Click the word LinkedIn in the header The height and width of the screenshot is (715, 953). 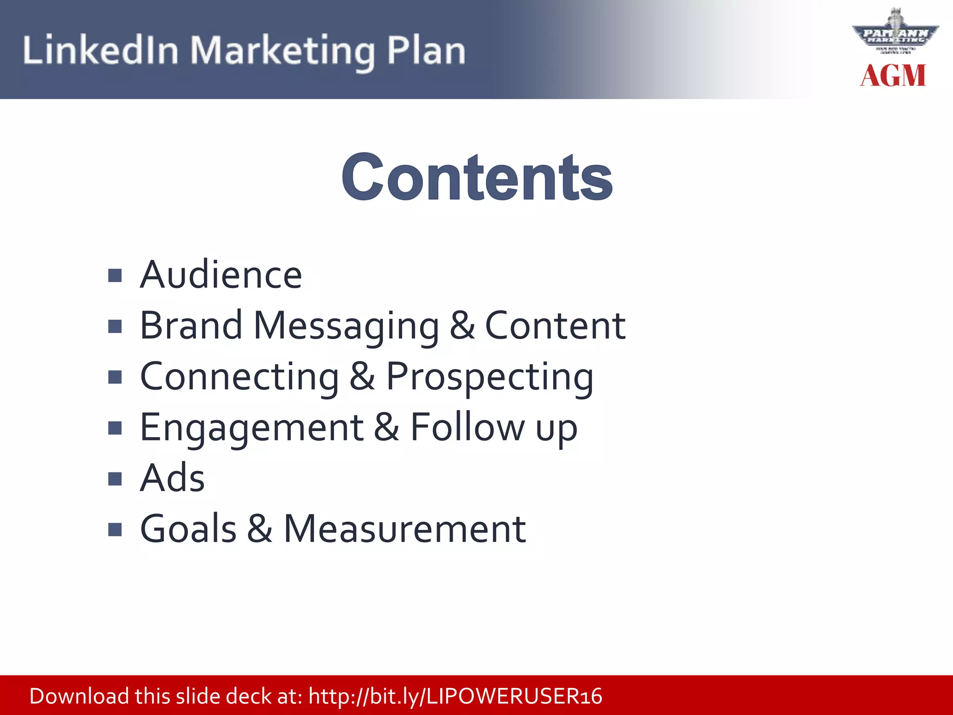click(x=101, y=50)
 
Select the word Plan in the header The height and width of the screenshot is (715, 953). click(x=426, y=50)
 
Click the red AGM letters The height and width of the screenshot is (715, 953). click(x=893, y=75)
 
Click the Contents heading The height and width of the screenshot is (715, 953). click(x=477, y=177)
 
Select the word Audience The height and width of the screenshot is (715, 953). click(x=221, y=275)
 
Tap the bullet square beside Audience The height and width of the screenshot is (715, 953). click(x=114, y=276)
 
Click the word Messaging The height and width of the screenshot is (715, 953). click(x=346, y=326)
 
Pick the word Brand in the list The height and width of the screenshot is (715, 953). click(x=191, y=325)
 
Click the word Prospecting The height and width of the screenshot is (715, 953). click(x=490, y=378)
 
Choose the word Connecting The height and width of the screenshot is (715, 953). click(x=240, y=378)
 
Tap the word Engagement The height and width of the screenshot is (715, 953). click(x=252, y=428)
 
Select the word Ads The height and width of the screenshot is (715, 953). click(x=172, y=478)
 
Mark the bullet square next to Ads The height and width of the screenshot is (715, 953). click(x=114, y=479)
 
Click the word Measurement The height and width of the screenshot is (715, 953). click(x=405, y=529)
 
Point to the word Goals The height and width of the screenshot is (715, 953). click(x=188, y=529)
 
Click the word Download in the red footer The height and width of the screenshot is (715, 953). click(x=79, y=696)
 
